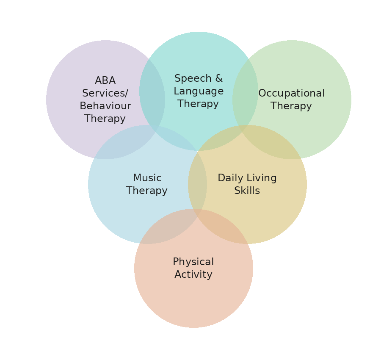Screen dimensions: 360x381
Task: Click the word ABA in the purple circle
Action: pyautogui.click(x=105, y=80)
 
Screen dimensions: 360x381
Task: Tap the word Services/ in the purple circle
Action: pyautogui.click(x=105, y=93)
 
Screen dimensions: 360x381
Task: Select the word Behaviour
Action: pyautogui.click(x=105, y=106)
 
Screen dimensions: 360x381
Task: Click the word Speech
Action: pyautogui.click(x=193, y=78)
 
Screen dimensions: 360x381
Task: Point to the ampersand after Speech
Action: pyautogui.click(x=218, y=78)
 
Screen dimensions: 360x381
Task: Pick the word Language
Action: pyautogui.click(x=199, y=91)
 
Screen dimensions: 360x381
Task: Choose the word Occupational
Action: pyautogui.click(x=291, y=94)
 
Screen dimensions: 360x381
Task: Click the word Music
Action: pyautogui.click(x=147, y=178)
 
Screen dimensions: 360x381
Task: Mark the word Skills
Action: pyautogui.click(x=247, y=191)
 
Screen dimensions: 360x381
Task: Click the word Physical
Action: pyautogui.click(x=193, y=262)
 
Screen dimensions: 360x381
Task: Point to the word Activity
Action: pyautogui.click(x=193, y=274)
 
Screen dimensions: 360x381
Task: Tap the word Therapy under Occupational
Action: pyautogui.click(x=291, y=106)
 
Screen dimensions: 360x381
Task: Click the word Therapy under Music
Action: pyautogui.click(x=147, y=191)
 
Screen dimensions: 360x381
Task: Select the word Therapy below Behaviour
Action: pyautogui.click(x=105, y=119)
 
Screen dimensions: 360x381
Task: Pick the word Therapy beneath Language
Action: pyautogui.click(x=198, y=104)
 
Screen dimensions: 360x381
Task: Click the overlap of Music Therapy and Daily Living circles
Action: pyautogui.click(x=197, y=184)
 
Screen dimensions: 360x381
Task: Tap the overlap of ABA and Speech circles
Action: pyautogui.click(x=152, y=100)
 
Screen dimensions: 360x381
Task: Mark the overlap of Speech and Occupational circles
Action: pyautogui.click(x=245, y=100)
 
